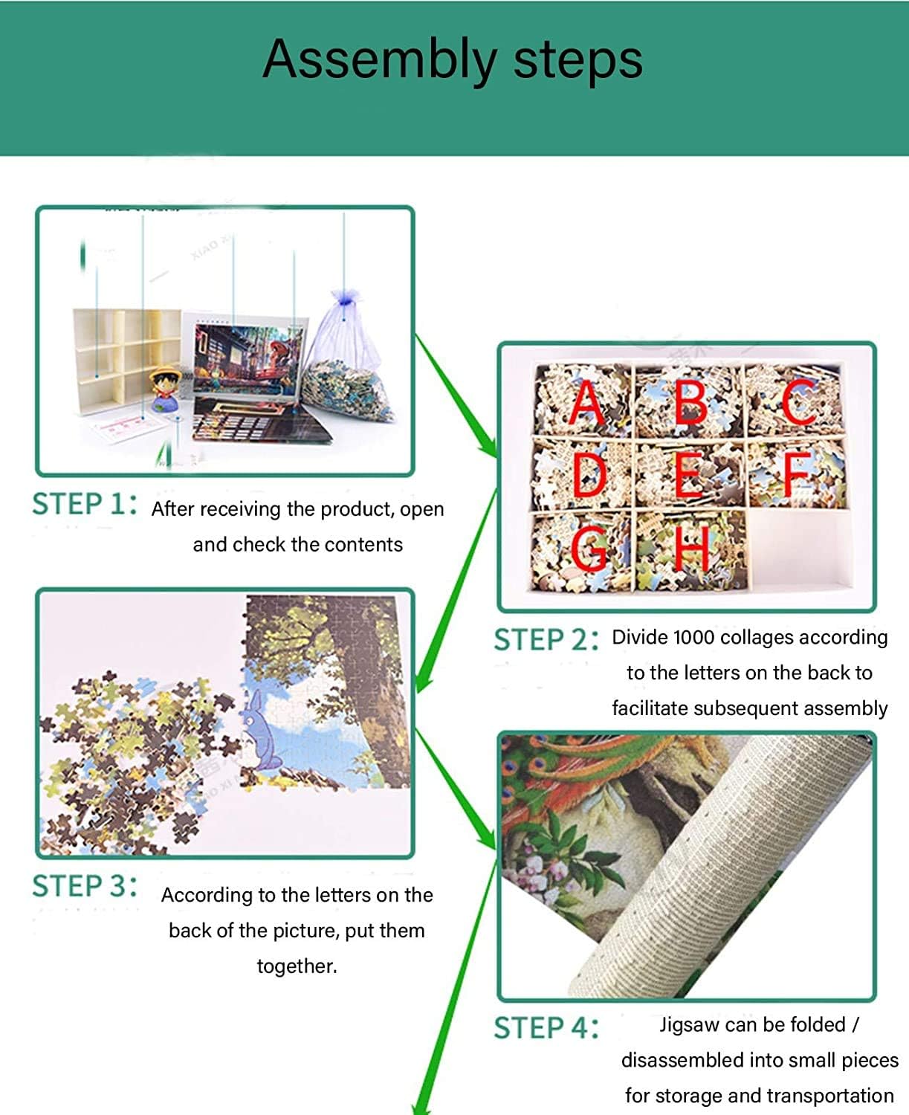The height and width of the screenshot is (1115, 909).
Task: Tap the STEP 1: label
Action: click(x=85, y=504)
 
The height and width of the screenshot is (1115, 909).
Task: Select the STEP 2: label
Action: click(x=546, y=640)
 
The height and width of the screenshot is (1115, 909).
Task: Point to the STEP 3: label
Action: click(x=85, y=885)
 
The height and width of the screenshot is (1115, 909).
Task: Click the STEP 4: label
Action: click(x=546, y=1028)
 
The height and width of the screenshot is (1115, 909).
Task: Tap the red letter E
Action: click(x=690, y=475)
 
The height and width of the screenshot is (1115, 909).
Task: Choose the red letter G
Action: click(x=589, y=549)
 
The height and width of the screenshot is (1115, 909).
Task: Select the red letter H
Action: click(x=692, y=549)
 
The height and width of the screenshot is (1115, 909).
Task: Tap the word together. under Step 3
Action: click(x=297, y=966)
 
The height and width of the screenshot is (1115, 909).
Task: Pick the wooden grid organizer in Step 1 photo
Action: click(x=127, y=360)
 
